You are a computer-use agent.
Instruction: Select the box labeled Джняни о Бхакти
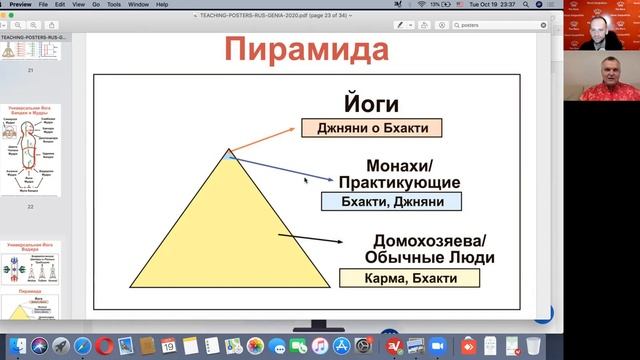(369, 126)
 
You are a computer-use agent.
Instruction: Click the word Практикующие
(399, 182)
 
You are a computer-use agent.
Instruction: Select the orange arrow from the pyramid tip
(265, 141)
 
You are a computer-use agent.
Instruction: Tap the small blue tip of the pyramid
(231, 154)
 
